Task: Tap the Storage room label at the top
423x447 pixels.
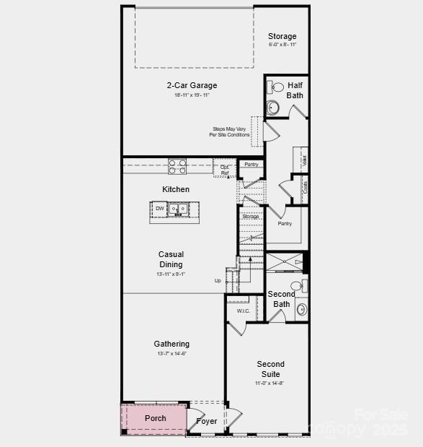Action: click(x=282, y=36)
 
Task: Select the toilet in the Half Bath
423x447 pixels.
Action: click(x=277, y=88)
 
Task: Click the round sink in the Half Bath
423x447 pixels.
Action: click(x=273, y=108)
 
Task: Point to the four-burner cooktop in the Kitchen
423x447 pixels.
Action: click(x=177, y=166)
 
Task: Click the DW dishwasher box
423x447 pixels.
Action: click(x=159, y=209)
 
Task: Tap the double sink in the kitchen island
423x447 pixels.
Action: click(x=178, y=209)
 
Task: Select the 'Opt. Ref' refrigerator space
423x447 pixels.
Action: click(x=225, y=170)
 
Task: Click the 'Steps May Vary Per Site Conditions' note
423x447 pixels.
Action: click(x=230, y=132)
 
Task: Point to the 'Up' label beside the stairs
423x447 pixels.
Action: click(x=218, y=280)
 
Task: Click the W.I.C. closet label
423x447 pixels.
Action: click(x=243, y=311)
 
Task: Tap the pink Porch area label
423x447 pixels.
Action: click(x=155, y=418)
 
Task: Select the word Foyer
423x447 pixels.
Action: click(x=207, y=422)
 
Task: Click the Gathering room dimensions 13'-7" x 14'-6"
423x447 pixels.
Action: click(x=172, y=354)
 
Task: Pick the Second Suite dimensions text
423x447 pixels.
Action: click(x=270, y=383)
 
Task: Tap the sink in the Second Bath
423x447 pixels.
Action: click(x=301, y=309)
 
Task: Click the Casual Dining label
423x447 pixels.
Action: click(x=172, y=259)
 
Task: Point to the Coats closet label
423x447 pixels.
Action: click(x=306, y=186)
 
